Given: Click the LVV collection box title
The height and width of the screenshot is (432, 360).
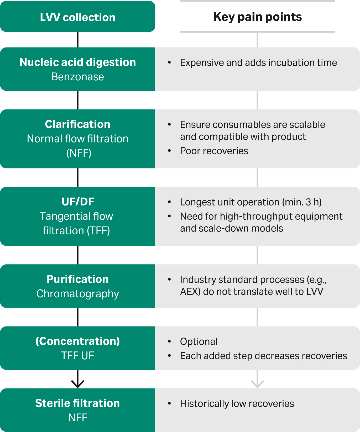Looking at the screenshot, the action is tap(78, 17).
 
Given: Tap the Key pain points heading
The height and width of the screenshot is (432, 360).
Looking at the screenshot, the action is tap(258, 17).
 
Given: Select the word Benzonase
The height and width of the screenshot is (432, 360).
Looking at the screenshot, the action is tap(78, 77).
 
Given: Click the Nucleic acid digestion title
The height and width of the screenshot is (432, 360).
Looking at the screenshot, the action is tap(78, 62).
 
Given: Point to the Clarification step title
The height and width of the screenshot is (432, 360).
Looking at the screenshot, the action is tap(78, 124).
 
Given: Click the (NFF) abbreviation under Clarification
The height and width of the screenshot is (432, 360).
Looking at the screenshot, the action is tap(79, 153).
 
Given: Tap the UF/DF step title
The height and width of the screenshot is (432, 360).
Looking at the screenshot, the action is tap(78, 202).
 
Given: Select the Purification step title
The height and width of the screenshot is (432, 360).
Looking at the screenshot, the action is tap(78, 279).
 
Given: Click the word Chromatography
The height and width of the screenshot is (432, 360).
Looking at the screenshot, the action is tap(78, 294).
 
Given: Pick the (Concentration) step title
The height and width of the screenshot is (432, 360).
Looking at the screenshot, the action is tap(78, 341).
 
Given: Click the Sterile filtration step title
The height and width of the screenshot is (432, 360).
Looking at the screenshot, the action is tap(77, 403).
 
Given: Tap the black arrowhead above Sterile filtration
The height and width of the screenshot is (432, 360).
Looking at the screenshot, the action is tap(78, 384).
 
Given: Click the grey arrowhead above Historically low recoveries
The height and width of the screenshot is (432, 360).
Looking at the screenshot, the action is tap(257, 384).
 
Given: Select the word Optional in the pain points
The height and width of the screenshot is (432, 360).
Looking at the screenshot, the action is tap(199, 342).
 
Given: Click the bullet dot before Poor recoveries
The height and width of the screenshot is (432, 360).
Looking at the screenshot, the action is tap(169, 151).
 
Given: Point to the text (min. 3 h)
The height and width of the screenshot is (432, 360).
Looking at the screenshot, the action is tap(302, 202).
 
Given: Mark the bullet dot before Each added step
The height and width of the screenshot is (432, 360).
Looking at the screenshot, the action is tap(169, 356).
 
